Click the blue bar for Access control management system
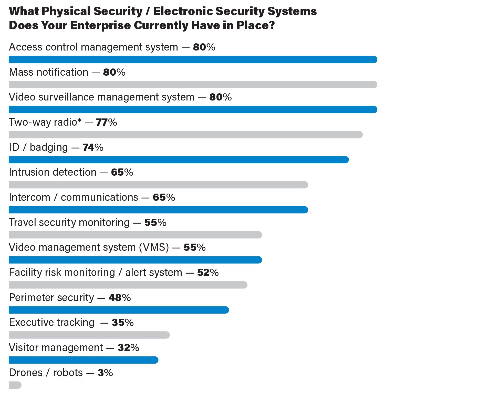point(193,59)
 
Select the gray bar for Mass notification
point(193,85)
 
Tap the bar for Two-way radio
point(185,135)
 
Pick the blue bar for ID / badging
point(179,160)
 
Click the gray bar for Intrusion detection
point(158,185)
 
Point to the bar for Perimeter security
point(119,310)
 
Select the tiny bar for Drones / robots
point(15,385)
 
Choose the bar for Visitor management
point(84,360)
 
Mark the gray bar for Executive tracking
point(89,335)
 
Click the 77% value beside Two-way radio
point(106,122)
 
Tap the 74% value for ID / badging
point(93,147)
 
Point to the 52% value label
point(208,273)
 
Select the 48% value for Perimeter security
point(120,298)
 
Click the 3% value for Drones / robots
point(105,373)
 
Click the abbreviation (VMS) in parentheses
point(154,247)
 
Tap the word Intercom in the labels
point(29,197)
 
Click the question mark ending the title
point(272,25)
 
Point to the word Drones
point(26,373)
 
